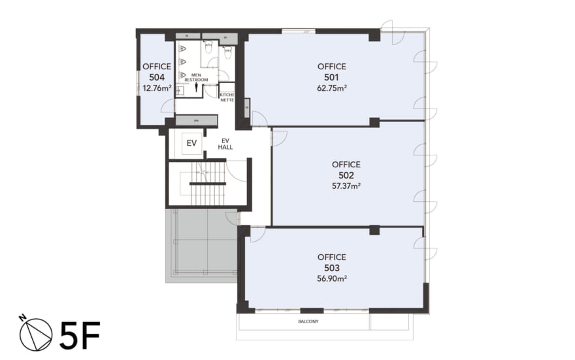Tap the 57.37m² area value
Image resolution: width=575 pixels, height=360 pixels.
(346, 186)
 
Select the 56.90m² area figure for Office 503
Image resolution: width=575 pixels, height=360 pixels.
(331, 278)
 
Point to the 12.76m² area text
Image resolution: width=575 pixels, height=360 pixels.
(157, 87)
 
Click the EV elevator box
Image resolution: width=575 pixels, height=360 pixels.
(191, 143)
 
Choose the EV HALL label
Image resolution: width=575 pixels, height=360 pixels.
(225, 143)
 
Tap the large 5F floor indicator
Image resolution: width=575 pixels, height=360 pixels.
(79, 333)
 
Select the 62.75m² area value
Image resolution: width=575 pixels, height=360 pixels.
(331, 88)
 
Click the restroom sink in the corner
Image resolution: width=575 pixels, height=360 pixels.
(179, 90)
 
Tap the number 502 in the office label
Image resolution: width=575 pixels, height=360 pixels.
(346, 176)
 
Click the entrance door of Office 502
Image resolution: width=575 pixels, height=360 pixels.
(279, 137)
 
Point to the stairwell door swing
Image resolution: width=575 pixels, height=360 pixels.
(237, 171)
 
